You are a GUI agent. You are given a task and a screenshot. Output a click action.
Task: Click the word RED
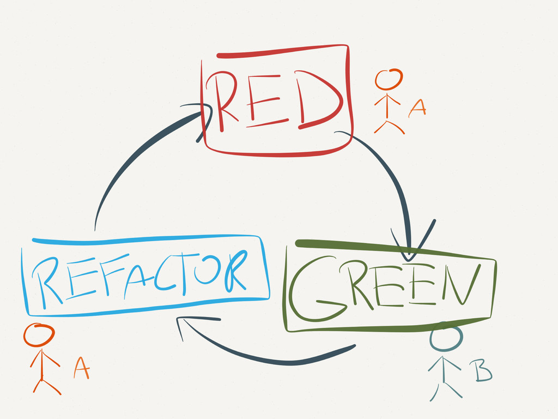click(275, 101)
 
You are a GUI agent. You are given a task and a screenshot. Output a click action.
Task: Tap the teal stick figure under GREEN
click(446, 363)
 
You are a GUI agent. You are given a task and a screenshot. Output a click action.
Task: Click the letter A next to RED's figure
click(417, 108)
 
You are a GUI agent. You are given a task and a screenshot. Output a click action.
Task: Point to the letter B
click(482, 371)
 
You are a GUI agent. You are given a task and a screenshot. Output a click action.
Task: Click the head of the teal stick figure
click(446, 339)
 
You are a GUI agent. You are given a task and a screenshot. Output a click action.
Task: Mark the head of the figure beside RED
click(389, 80)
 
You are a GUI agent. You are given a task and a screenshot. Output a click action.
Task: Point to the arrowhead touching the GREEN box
click(411, 246)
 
